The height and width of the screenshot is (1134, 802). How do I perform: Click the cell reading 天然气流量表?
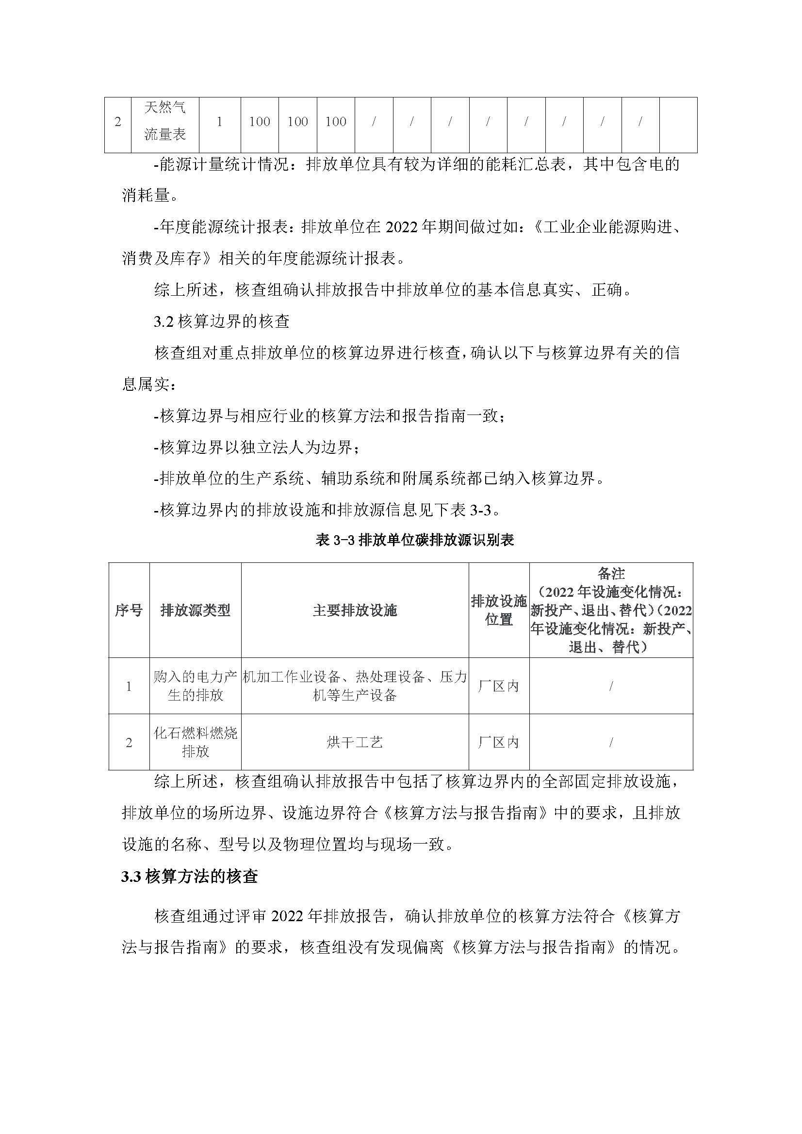165,122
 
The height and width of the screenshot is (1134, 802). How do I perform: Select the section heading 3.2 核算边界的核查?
221,321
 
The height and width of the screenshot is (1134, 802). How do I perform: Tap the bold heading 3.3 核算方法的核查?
190,877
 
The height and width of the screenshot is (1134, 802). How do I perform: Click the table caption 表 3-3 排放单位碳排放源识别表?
415,540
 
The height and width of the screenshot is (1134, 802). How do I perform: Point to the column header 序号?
129,610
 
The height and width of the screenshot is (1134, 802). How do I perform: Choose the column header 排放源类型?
195,610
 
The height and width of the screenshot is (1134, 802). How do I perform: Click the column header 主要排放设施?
355,610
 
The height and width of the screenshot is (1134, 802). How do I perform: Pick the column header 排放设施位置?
499,610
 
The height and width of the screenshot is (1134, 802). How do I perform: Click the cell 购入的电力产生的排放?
195,686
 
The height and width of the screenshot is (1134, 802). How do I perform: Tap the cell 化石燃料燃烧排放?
195,742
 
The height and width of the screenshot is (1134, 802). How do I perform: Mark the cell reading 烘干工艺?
355,742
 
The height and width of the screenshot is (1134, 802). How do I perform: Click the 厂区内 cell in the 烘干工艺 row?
499,742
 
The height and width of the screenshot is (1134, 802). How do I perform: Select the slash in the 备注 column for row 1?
611,686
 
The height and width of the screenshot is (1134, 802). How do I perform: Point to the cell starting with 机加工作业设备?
355,686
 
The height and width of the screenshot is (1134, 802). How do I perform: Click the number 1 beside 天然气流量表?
220,122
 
